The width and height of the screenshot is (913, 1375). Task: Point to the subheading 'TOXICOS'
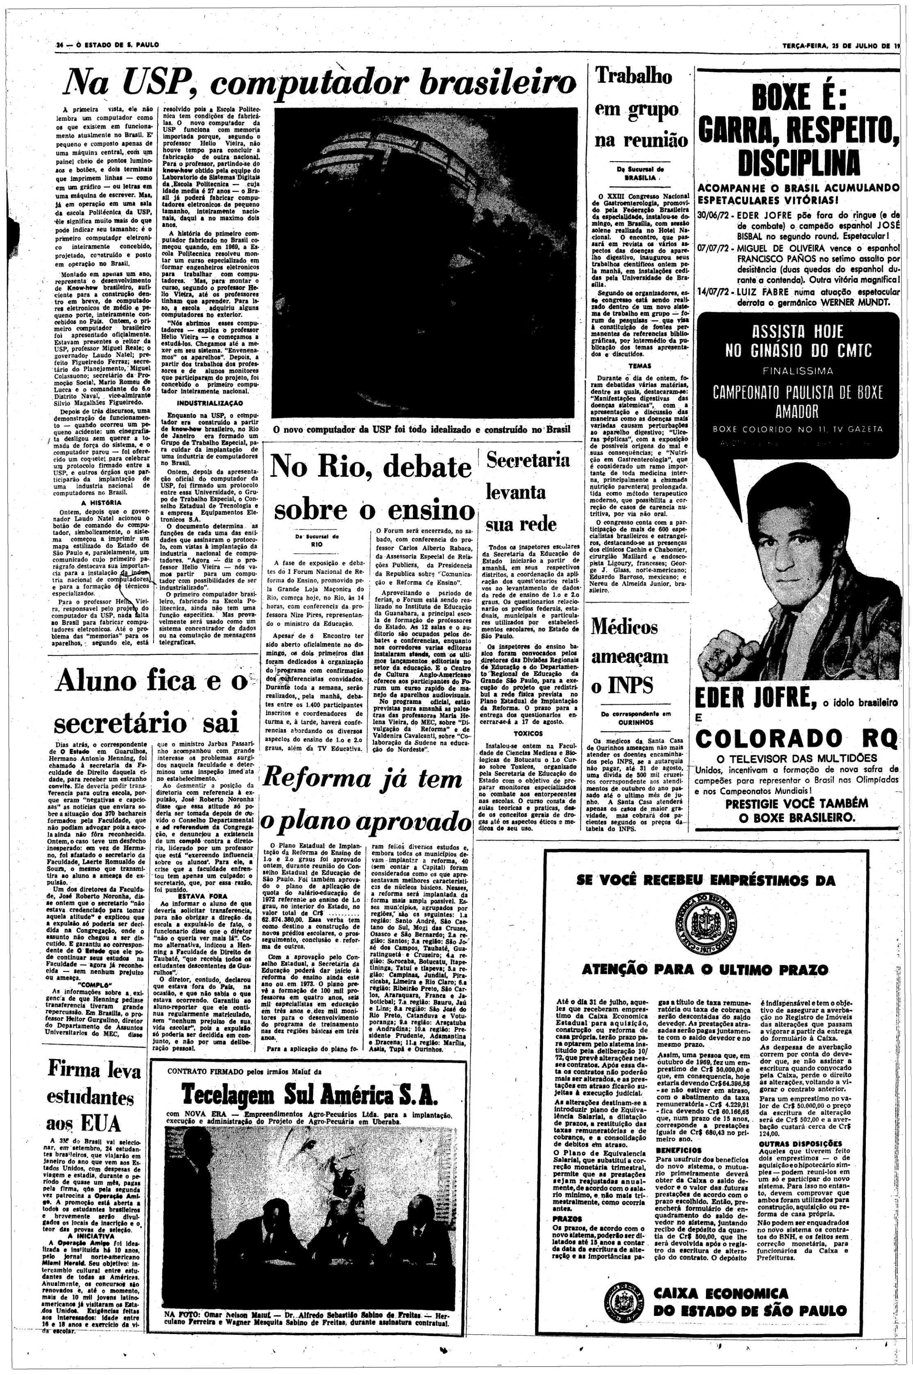(x=529, y=734)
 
